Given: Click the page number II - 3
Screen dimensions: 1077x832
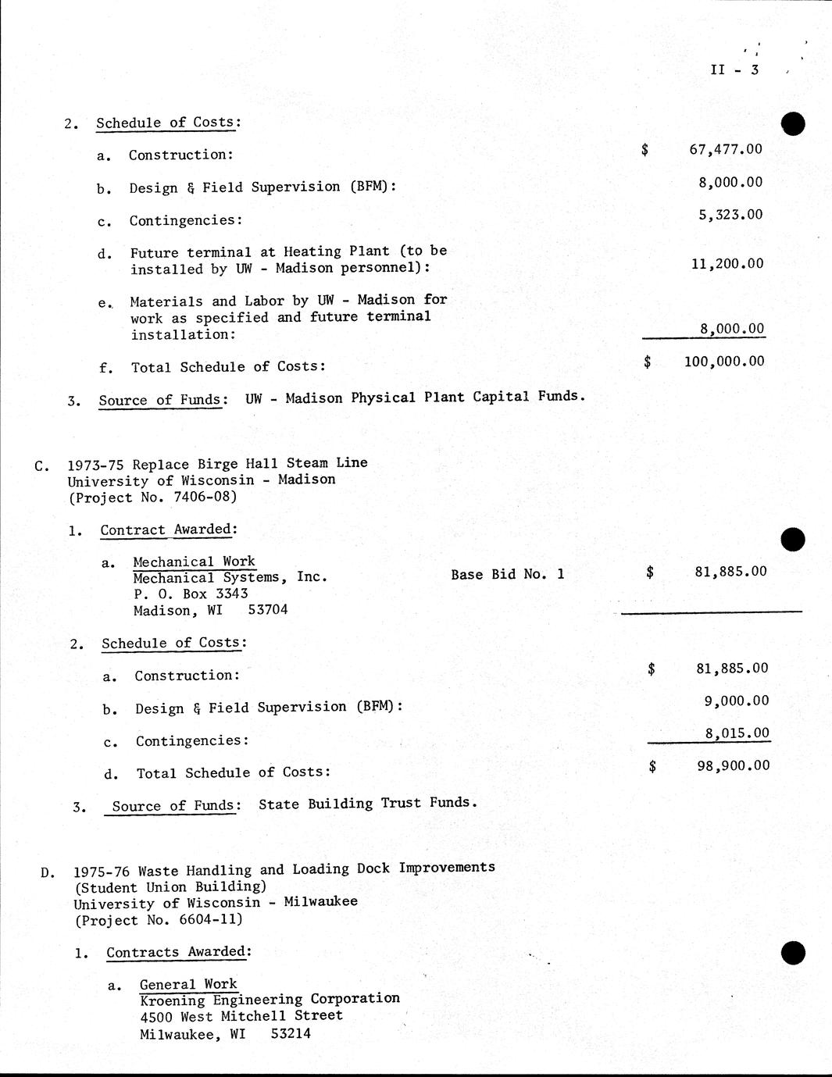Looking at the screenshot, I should click(x=734, y=70).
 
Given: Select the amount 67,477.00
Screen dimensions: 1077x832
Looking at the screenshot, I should click(x=725, y=149).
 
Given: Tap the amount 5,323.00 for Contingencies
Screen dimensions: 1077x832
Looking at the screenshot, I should click(x=730, y=215).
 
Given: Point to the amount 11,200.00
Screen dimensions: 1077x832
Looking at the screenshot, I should click(x=727, y=264).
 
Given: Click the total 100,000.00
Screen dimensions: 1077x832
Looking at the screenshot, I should click(x=723, y=362).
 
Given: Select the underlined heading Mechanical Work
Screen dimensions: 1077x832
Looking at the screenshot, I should click(x=194, y=562).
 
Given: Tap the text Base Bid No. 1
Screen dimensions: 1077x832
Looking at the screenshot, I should click(x=508, y=574).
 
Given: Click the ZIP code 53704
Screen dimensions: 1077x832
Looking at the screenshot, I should click(x=268, y=610).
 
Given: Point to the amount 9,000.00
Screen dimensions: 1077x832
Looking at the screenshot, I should click(x=736, y=701).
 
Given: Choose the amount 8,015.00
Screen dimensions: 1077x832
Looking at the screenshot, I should click(x=737, y=733).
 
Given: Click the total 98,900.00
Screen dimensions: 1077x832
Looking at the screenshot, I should click(x=733, y=765).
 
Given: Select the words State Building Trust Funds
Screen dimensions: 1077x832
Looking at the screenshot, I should click(x=366, y=803).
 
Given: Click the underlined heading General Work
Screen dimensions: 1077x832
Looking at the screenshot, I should click(x=188, y=985).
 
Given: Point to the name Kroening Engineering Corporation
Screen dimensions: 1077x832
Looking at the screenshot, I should click(x=270, y=1000).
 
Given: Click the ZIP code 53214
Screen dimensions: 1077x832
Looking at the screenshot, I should click(x=291, y=1034).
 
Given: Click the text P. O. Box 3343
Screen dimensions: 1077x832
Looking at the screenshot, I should click(x=191, y=594).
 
